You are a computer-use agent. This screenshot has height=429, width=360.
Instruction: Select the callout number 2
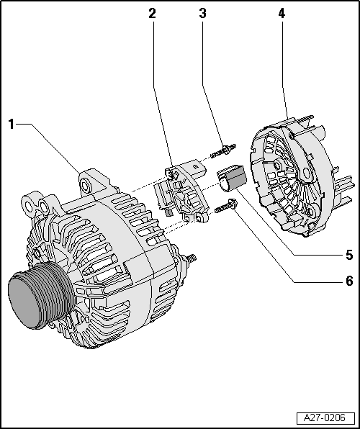(x=152, y=13)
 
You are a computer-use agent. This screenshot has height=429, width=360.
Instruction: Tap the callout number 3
(x=203, y=13)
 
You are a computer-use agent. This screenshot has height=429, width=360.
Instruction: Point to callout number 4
(x=281, y=13)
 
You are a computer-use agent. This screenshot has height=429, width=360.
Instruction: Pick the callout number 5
(x=349, y=255)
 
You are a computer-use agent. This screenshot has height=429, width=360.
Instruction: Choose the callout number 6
(x=349, y=281)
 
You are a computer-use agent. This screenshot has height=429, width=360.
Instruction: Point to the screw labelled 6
(x=225, y=207)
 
